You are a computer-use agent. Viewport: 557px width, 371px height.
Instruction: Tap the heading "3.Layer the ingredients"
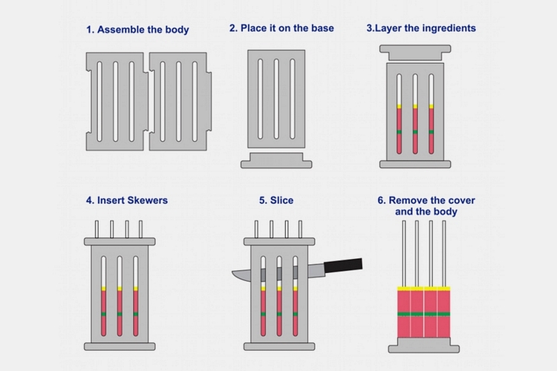[x=421, y=28]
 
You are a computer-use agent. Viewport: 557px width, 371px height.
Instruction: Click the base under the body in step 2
[x=276, y=160]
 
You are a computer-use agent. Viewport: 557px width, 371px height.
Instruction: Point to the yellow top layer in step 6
[x=423, y=288]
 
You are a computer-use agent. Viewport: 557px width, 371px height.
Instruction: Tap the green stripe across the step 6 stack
[x=423, y=315]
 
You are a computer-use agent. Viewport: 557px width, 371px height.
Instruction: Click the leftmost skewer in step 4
[x=97, y=229]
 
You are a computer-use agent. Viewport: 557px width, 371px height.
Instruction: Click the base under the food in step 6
[x=423, y=345]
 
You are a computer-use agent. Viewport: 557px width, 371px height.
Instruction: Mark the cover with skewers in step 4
[x=119, y=242]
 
